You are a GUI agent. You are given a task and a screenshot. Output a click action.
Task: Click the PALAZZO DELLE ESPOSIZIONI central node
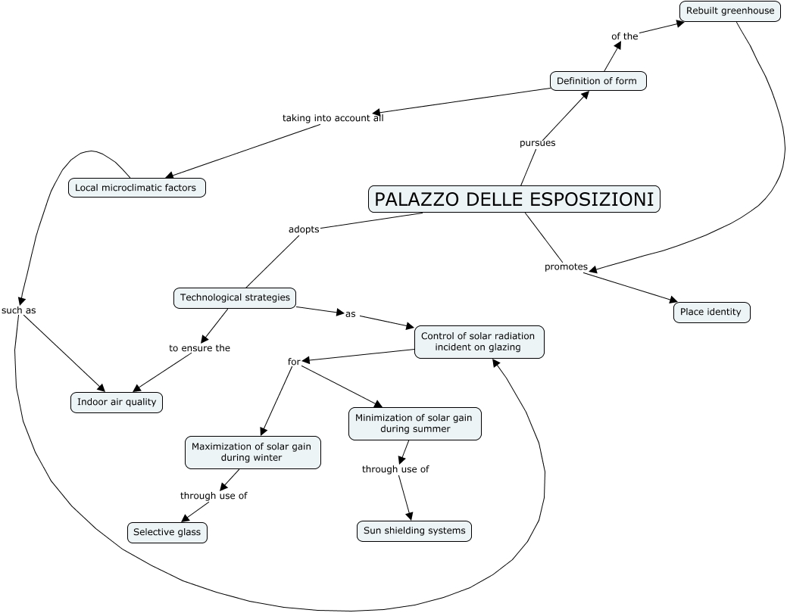tap(514, 199)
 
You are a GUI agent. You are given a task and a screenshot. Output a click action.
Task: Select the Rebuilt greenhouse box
tap(730, 11)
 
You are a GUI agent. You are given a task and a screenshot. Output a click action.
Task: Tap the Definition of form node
tap(598, 81)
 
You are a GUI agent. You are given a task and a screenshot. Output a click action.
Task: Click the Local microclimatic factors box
tap(136, 187)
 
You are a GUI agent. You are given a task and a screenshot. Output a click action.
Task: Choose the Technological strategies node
tap(235, 297)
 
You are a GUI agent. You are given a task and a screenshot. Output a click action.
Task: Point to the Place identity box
tap(710, 312)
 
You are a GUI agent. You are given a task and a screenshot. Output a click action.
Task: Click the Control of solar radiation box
tap(478, 341)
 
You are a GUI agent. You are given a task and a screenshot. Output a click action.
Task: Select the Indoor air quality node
tap(117, 402)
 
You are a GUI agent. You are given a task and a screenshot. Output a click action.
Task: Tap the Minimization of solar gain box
tap(414, 423)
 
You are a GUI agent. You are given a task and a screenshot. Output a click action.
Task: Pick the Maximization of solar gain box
tap(252, 452)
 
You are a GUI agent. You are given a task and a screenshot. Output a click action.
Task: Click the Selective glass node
tap(167, 532)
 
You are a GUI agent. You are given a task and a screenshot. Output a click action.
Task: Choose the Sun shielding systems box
tap(414, 531)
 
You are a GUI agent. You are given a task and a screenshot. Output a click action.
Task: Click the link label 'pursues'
tap(537, 142)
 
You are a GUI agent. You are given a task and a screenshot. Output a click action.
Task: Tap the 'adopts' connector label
tap(304, 229)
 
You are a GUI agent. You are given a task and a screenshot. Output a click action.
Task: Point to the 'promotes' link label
tap(566, 266)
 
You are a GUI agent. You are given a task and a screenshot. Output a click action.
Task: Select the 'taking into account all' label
tap(333, 118)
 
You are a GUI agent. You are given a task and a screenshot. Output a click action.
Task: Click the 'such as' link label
tap(19, 310)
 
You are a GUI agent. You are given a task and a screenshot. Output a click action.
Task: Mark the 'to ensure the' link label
tap(199, 348)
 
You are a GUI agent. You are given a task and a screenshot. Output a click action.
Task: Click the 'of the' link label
tap(625, 36)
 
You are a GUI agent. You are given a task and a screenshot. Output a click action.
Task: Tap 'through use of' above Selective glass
tap(214, 496)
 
